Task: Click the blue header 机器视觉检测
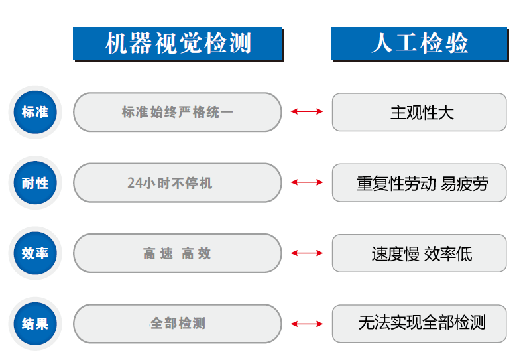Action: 178,43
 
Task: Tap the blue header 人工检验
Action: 420,43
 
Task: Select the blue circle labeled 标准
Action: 35,112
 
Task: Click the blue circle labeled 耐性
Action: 35,183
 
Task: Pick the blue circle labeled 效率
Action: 35,253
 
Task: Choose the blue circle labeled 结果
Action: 35,324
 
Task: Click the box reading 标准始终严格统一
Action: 178,112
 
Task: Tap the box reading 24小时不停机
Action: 178,183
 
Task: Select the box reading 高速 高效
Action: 178,253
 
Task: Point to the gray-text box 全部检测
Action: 178,324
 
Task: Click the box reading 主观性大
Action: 420,112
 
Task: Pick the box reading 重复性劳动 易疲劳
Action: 420,183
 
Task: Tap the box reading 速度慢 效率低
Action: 420,253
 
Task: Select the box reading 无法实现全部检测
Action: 420,324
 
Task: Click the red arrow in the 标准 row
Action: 307,111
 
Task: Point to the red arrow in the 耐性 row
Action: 307,182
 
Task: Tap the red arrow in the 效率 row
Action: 307,253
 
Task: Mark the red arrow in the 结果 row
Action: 307,324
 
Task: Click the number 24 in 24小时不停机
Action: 135,183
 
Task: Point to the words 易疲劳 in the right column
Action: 465,184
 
